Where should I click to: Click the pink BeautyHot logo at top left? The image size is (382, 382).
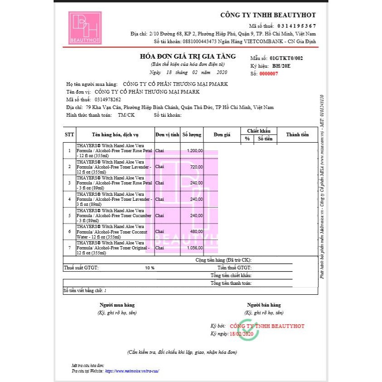pyautogui.click(x=85, y=28)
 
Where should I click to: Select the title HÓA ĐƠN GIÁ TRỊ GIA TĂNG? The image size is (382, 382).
pyautogui.click(x=188, y=57)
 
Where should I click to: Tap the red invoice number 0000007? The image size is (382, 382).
pyautogui.click(x=268, y=74)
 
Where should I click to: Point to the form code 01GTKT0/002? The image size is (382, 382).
pyautogui.click(x=286, y=59)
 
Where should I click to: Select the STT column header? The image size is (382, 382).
pyautogui.click(x=69, y=135)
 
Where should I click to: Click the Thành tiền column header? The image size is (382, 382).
pyautogui.click(x=297, y=135)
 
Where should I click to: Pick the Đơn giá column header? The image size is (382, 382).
pyautogui.click(x=222, y=135)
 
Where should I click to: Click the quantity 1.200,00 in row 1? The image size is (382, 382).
pyautogui.click(x=195, y=150)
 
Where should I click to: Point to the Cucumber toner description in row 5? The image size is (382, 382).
pyautogui.click(x=114, y=215)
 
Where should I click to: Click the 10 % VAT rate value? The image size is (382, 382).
pyautogui.click(x=149, y=268)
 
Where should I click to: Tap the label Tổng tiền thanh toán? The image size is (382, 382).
pyautogui.click(x=231, y=283)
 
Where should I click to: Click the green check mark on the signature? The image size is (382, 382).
pyautogui.click(x=249, y=330)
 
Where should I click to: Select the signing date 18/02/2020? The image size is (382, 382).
pyautogui.click(x=241, y=334)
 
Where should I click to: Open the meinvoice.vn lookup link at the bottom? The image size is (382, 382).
pyautogui.click(x=132, y=371)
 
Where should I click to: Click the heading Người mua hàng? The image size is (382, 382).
pyautogui.click(x=117, y=305)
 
